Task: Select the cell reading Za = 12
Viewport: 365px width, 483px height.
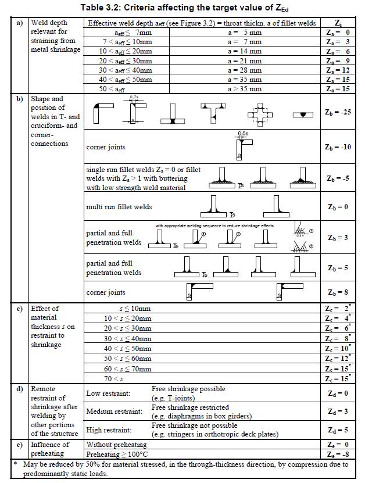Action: pyautogui.click(x=338, y=70)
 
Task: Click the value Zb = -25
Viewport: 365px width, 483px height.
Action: pyautogui.click(x=338, y=112)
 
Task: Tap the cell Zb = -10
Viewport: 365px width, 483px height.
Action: pyautogui.click(x=338, y=146)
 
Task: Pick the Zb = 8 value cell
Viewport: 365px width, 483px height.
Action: pyautogui.click(x=338, y=292)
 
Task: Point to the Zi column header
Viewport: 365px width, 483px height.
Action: pyautogui.click(x=338, y=23)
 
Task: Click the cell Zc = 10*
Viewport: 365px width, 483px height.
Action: pyautogui.click(x=338, y=349)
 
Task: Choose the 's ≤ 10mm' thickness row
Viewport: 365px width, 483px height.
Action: pyautogui.click(x=135, y=309)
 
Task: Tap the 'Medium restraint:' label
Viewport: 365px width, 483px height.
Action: pyautogui.click(x=114, y=412)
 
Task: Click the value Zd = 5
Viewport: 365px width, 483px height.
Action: pyautogui.click(x=338, y=430)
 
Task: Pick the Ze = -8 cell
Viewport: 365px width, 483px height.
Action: pyautogui.click(x=338, y=453)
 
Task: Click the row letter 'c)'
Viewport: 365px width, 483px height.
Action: pyautogui.click(x=20, y=309)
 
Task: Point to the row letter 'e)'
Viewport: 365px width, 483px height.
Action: pyautogui.click(x=20, y=445)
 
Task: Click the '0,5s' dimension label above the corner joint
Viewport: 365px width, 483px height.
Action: pyautogui.click(x=243, y=134)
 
